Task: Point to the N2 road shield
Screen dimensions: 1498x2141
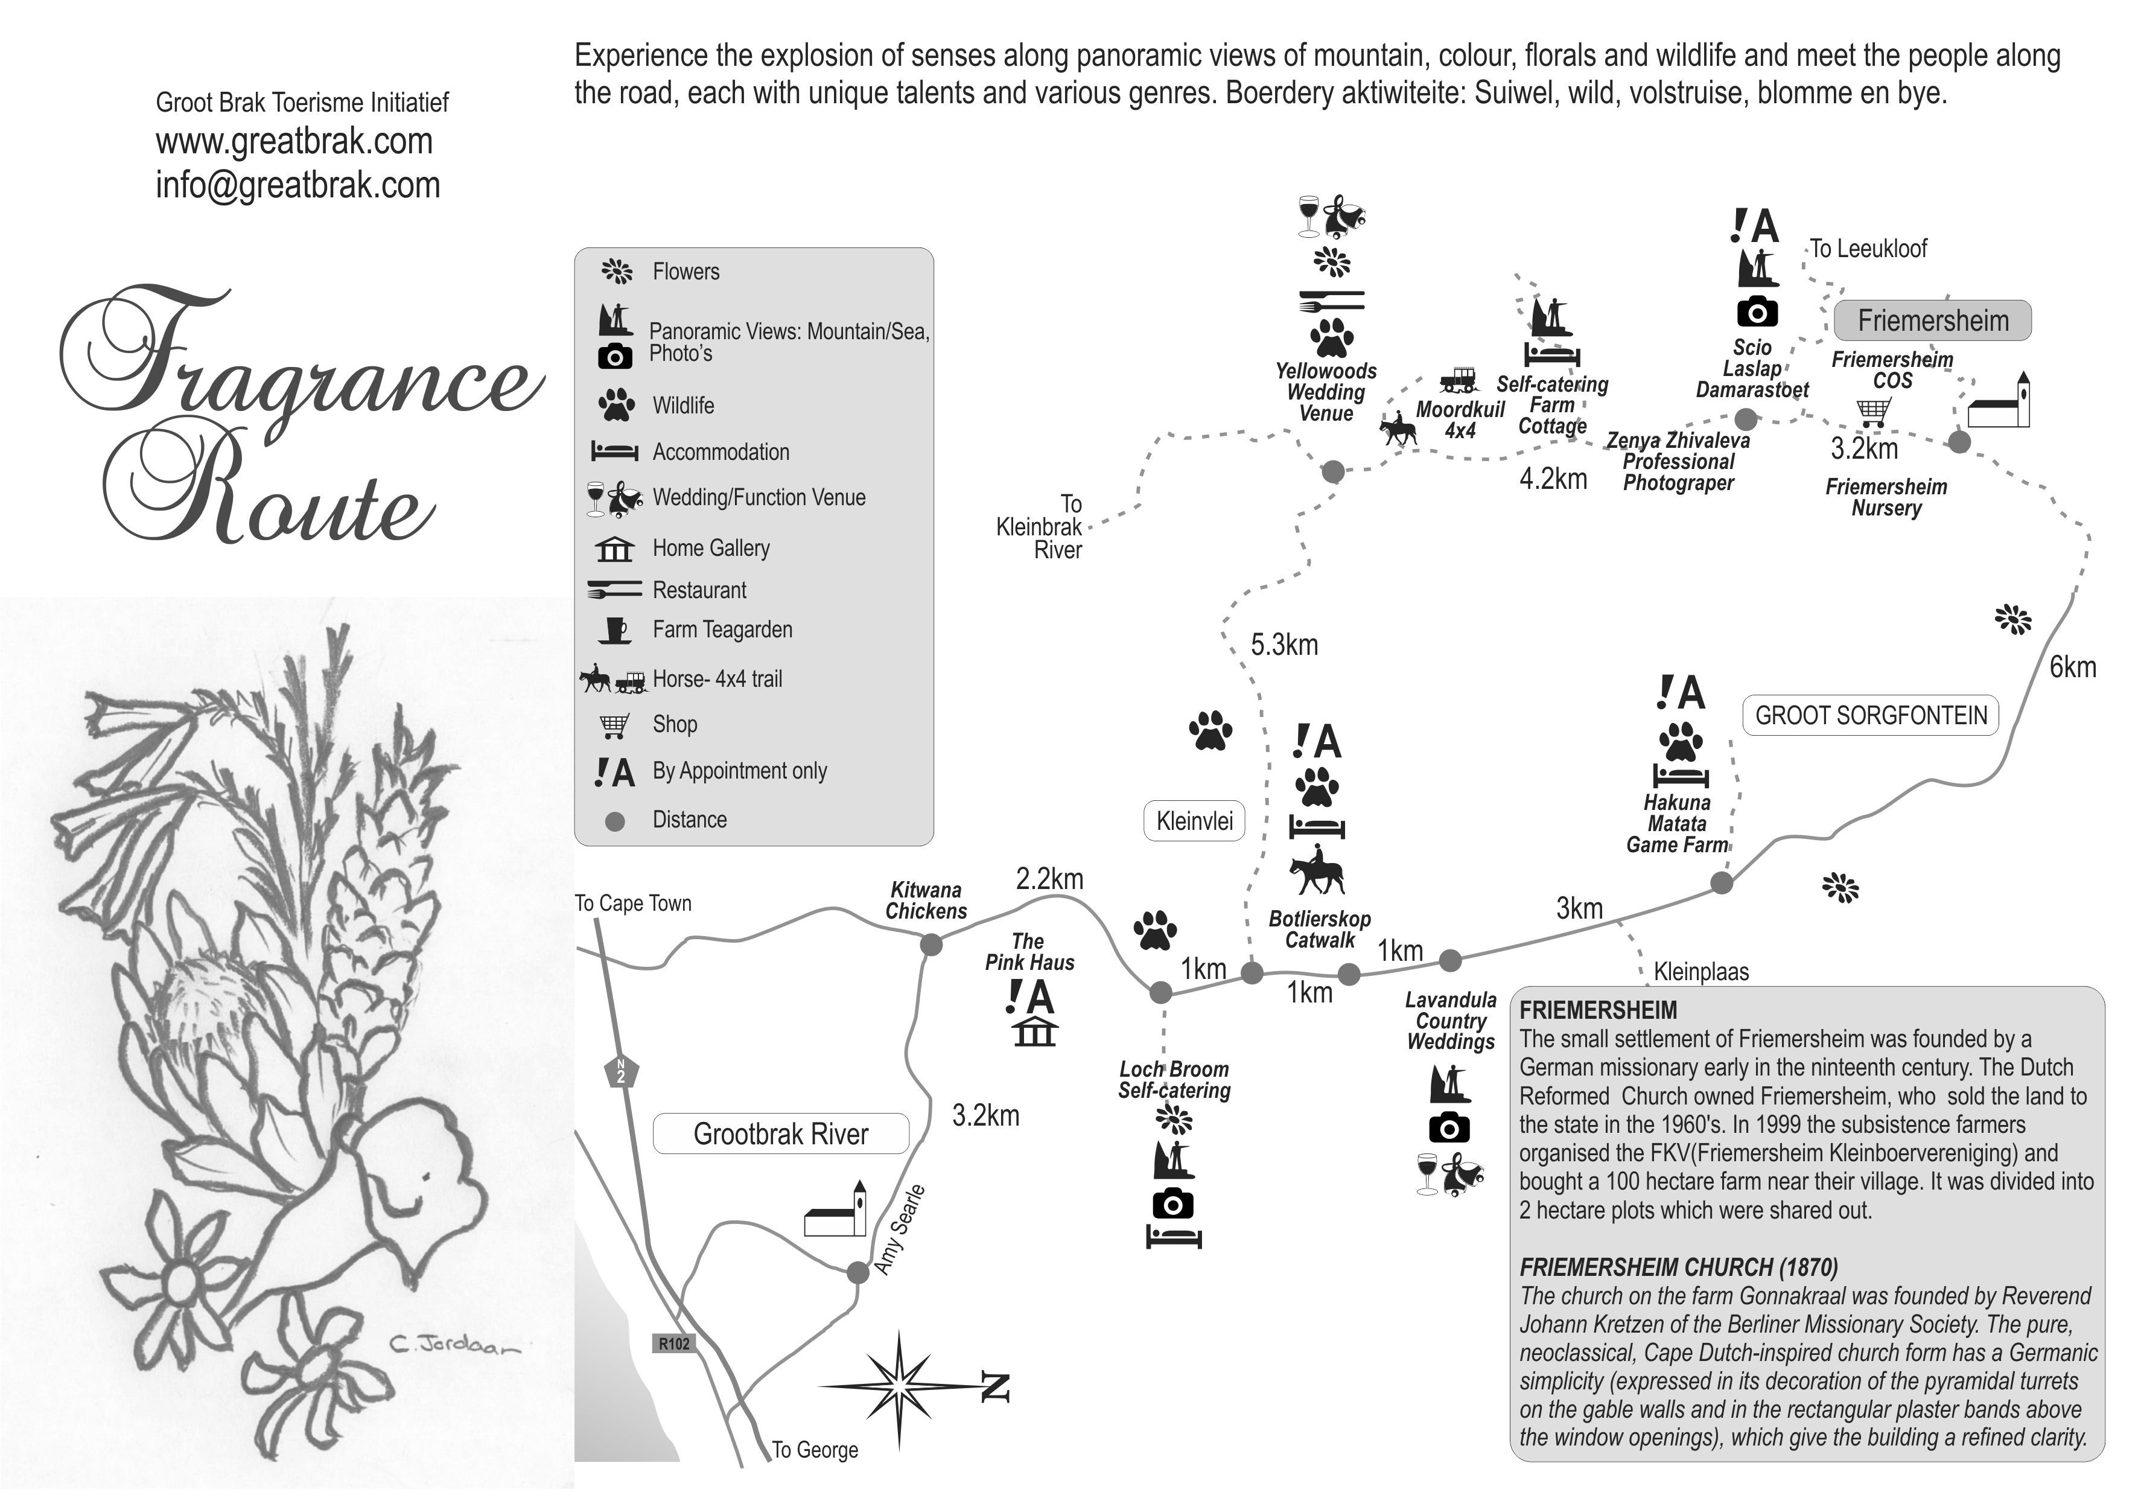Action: [x=621, y=1072]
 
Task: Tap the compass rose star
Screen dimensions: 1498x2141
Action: [x=899, y=1389]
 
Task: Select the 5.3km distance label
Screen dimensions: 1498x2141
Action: [x=1284, y=645]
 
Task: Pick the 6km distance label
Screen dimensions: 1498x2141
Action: [x=2072, y=667]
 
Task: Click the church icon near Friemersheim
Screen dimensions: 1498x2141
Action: [x=1999, y=403]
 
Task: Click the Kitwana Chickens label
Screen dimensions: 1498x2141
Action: [x=926, y=901]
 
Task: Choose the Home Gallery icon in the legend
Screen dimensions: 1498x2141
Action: [x=614, y=549]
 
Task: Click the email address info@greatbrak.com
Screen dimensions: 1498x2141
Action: [x=297, y=185]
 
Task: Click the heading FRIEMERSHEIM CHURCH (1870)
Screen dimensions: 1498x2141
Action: [x=1679, y=1267]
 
